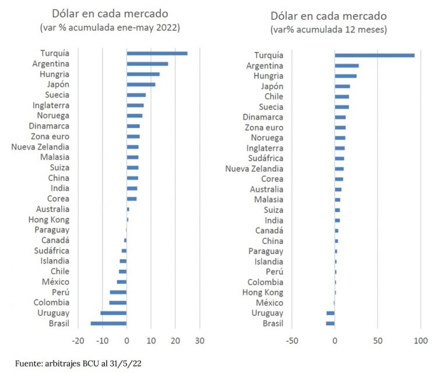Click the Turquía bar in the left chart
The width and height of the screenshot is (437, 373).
157,53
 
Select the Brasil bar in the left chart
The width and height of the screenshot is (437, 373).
108,323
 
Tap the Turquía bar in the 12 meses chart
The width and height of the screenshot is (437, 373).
374,55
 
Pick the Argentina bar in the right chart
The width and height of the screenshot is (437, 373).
346,66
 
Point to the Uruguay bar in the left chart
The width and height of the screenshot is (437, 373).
113,313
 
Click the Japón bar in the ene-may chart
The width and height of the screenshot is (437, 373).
141,85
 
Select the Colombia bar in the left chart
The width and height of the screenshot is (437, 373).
118,302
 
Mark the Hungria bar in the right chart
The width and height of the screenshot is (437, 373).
345,76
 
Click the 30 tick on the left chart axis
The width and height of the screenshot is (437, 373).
200,342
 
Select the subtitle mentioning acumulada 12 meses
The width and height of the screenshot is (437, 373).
329,29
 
